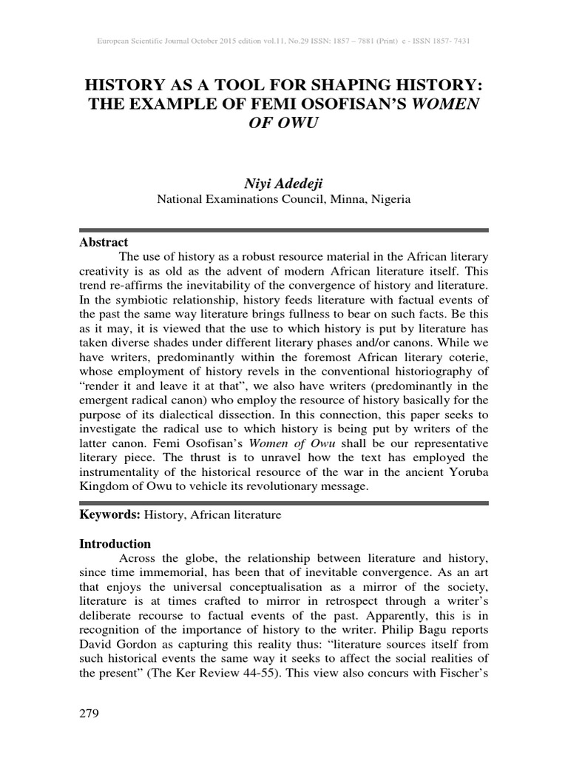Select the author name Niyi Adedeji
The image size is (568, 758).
[x=284, y=183]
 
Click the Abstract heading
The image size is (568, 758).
[x=104, y=242]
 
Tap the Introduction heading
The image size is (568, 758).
[x=115, y=544]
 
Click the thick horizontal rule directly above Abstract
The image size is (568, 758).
[x=284, y=230]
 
